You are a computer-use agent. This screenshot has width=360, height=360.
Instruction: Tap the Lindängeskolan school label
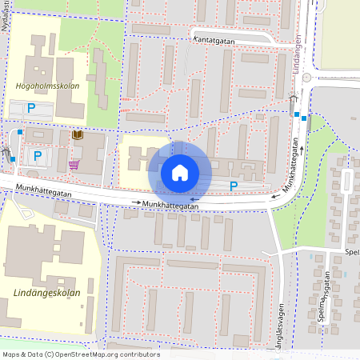click(x=47, y=294)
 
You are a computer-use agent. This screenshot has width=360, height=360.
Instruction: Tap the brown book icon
click(x=78, y=136)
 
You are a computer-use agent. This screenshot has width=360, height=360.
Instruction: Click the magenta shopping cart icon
click(x=74, y=165)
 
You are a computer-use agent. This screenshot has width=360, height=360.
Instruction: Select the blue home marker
click(x=180, y=172)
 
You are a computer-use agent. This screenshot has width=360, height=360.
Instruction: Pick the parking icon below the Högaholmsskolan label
click(x=31, y=107)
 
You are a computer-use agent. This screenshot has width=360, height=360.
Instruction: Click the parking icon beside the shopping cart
click(x=37, y=155)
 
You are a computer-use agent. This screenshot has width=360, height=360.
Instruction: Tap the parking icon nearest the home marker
click(x=234, y=186)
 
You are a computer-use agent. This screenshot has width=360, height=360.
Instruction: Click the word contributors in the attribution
click(x=140, y=354)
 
